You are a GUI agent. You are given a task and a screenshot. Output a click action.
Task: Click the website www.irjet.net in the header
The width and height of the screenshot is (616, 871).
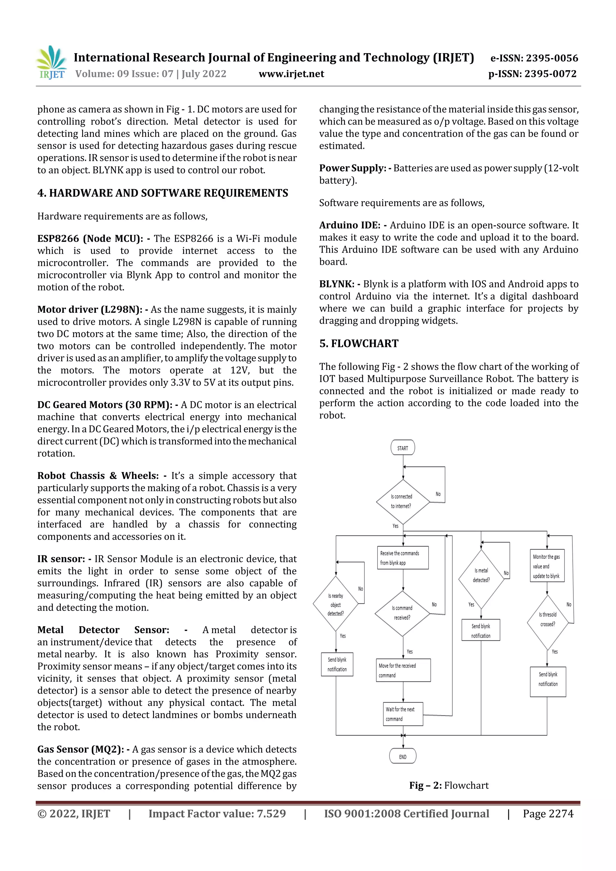[x=291, y=74]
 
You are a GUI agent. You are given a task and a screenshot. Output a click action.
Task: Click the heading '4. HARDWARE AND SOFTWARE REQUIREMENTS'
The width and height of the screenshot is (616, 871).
[x=162, y=193]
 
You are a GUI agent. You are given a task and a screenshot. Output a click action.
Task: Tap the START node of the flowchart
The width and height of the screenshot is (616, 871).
[x=402, y=448]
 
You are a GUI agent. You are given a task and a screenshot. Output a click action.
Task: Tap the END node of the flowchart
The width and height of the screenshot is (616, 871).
[x=402, y=756]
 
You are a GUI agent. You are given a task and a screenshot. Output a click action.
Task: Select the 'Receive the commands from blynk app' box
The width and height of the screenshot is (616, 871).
[x=402, y=558]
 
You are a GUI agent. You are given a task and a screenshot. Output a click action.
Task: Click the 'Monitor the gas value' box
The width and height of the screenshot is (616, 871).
[x=547, y=566]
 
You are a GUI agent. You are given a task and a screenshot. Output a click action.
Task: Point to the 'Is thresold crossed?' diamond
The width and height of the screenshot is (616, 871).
[x=547, y=623]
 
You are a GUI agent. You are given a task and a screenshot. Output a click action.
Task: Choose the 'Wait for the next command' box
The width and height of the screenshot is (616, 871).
[x=402, y=714]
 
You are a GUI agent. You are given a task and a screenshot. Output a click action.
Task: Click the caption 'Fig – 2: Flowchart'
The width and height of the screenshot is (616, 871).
[x=449, y=785]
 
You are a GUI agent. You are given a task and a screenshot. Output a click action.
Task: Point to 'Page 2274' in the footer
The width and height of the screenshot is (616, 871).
[x=548, y=814]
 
